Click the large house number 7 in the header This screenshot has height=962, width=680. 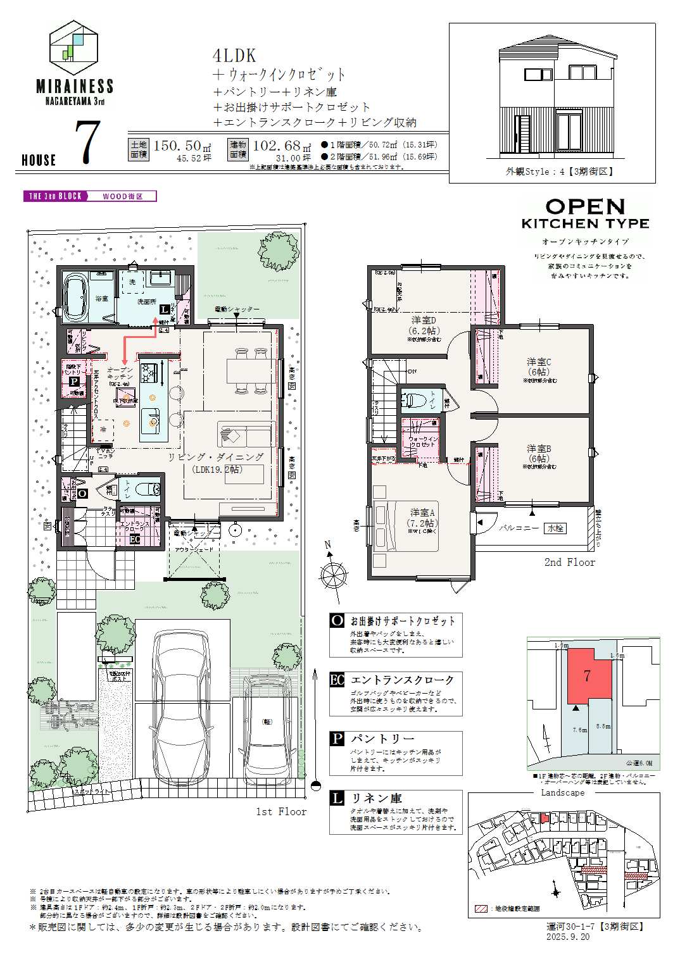click(x=87, y=143)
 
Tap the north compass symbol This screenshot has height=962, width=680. click(x=333, y=573)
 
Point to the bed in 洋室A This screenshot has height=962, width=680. click(x=405, y=525)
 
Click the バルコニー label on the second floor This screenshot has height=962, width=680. click(x=518, y=527)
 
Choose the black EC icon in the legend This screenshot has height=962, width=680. click(x=337, y=680)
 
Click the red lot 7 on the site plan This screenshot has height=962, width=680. click(x=588, y=676)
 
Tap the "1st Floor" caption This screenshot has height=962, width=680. click(x=280, y=811)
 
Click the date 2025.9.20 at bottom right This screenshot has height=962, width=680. click(x=567, y=937)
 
